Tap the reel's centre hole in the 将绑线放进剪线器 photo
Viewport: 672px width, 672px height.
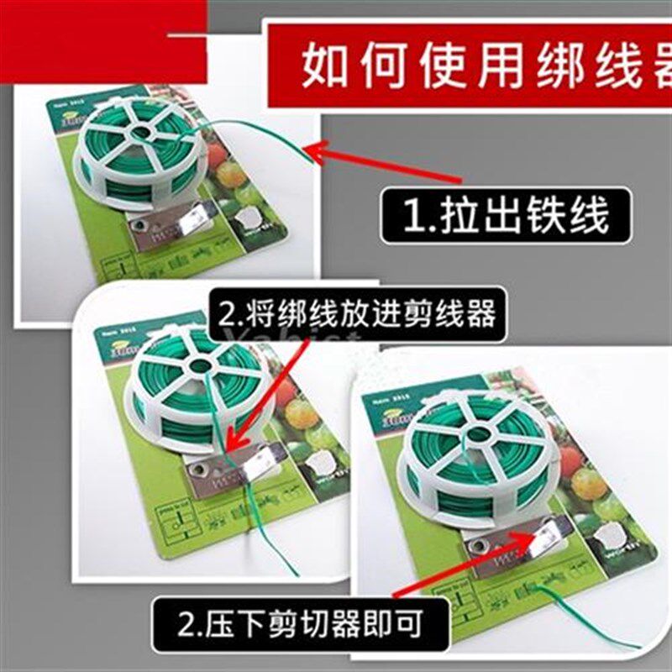(198, 365)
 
